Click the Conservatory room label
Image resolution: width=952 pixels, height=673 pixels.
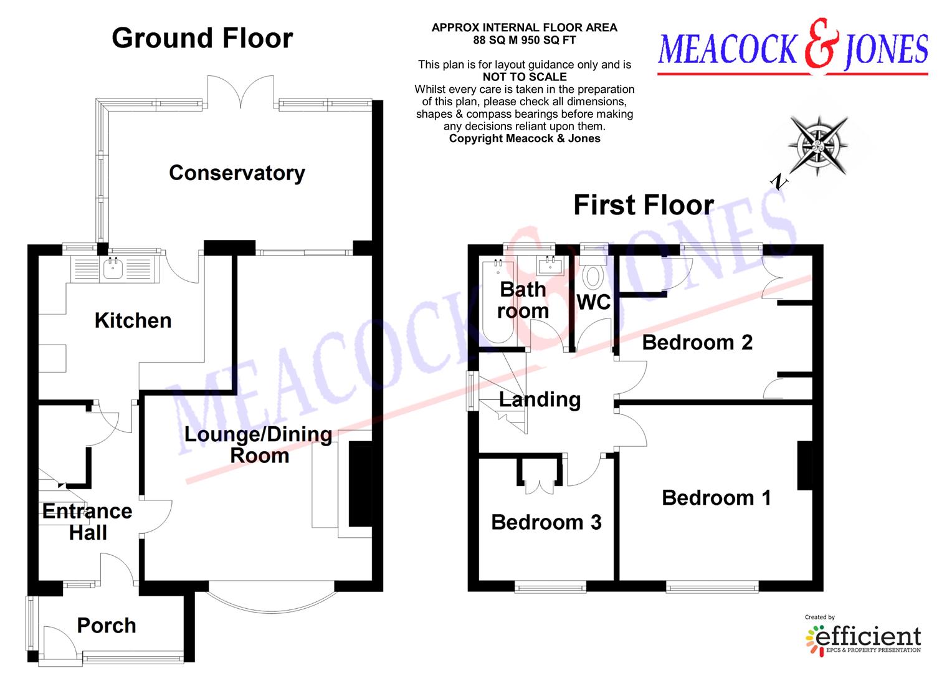click(237, 173)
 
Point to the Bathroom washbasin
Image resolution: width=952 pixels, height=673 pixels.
click(550, 266)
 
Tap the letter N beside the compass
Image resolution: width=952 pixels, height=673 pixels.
click(779, 181)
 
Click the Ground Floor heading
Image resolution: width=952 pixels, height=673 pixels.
click(202, 38)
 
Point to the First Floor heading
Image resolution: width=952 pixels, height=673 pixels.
click(643, 205)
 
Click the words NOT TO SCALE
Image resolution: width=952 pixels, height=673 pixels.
click(525, 77)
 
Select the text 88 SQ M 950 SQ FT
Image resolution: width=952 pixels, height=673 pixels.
click(525, 40)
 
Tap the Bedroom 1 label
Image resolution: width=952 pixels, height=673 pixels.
click(716, 497)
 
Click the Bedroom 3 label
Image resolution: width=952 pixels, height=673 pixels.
click(546, 522)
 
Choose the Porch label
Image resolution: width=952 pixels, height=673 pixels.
click(107, 625)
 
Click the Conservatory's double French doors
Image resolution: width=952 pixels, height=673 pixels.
click(240, 91)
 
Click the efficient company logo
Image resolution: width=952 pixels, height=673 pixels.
click(863, 637)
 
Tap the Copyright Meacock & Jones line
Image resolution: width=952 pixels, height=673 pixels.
click(525, 138)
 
